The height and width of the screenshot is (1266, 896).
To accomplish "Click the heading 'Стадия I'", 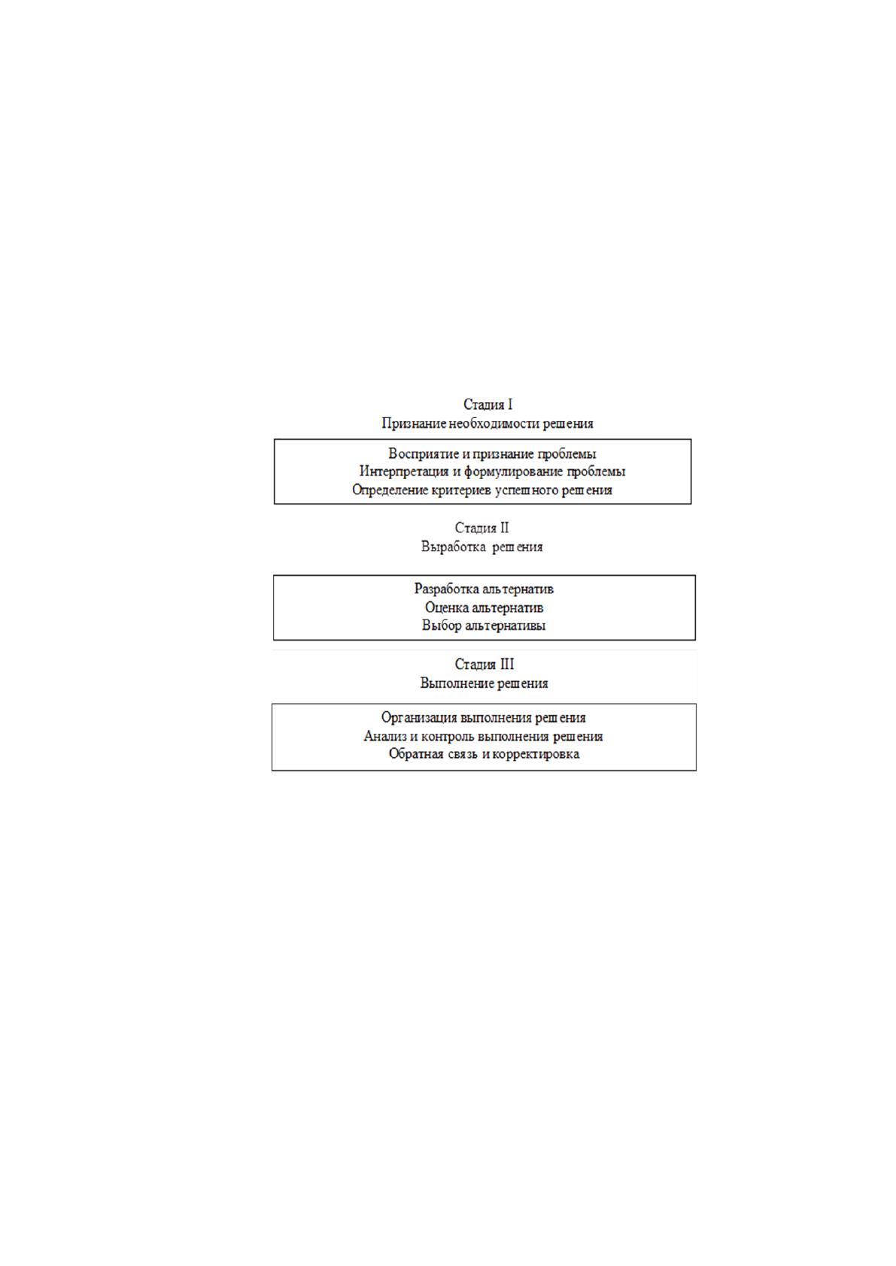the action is click(x=487, y=404).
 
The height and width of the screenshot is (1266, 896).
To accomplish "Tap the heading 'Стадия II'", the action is click(x=482, y=528).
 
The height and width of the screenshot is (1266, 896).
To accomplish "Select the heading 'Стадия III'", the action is click(x=484, y=664).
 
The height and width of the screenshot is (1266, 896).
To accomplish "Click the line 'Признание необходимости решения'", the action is click(x=487, y=424).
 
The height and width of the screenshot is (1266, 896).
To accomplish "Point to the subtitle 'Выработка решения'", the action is click(x=482, y=547).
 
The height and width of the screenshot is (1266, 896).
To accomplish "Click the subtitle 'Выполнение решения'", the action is click(x=484, y=683).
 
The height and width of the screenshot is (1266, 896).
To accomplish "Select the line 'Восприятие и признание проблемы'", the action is click(x=492, y=454).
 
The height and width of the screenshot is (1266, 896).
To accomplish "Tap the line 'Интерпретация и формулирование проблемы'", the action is click(x=492, y=471).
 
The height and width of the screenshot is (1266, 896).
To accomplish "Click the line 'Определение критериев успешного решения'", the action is click(x=482, y=490).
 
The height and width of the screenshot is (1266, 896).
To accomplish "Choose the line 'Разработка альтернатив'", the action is click(x=484, y=589).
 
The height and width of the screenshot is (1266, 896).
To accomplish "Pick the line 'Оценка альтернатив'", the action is click(x=484, y=608).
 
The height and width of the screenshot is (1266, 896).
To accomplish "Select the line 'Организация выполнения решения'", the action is click(x=484, y=718).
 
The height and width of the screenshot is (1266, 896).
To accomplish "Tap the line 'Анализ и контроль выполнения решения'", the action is click(x=484, y=737).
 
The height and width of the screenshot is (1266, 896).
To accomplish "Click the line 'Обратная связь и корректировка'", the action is click(x=484, y=755).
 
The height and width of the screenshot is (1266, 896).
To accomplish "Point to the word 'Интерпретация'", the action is click(x=404, y=471).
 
